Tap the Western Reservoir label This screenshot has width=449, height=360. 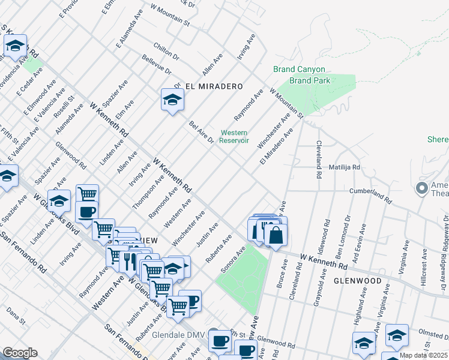[234, 136]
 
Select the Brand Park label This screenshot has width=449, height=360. [310, 80]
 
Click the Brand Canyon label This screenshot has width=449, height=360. [292, 69]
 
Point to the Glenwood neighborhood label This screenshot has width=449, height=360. [357, 280]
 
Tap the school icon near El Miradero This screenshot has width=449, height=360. [172, 100]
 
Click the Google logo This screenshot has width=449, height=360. [20, 353]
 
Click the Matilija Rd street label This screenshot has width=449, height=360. [344, 167]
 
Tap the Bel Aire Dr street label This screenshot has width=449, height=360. [202, 133]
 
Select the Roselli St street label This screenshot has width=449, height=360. [64, 106]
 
